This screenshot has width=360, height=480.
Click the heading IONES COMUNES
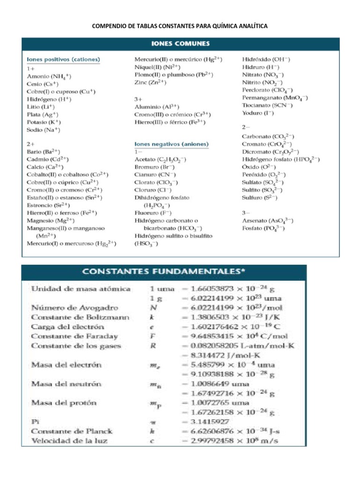pos(180,44)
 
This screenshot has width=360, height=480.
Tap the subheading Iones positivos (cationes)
pos(64,60)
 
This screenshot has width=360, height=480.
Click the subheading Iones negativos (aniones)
pos(172,144)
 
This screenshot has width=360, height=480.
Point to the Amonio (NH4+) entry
pos(49,76)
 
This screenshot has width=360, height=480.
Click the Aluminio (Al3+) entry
pos(157,107)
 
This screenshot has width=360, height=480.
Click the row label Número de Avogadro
pos(68,308)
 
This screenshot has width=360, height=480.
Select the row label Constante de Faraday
pos(75,336)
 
